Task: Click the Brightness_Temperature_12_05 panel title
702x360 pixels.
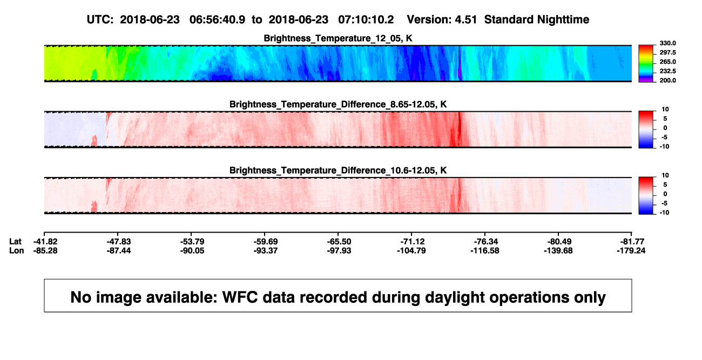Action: [338, 38]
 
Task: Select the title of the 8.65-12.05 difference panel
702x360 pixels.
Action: [338, 104]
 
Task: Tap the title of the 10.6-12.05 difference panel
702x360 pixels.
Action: [338, 171]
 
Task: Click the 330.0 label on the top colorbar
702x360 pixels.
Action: [667, 43]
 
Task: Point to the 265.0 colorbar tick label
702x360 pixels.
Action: [667, 62]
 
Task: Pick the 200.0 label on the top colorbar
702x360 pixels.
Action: [667, 80]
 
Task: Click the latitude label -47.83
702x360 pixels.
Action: [118, 242]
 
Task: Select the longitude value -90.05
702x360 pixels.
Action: [192, 250]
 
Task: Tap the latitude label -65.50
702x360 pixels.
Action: [339, 242]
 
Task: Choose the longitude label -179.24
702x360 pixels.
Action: [631, 250]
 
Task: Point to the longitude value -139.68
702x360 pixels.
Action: [558, 250]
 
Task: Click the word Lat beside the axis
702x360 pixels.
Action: [15, 242]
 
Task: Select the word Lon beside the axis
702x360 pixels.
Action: [17, 250]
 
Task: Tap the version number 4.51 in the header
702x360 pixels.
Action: [465, 19]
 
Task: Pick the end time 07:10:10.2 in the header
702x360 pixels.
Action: [366, 19]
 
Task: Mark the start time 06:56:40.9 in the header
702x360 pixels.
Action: [217, 19]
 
